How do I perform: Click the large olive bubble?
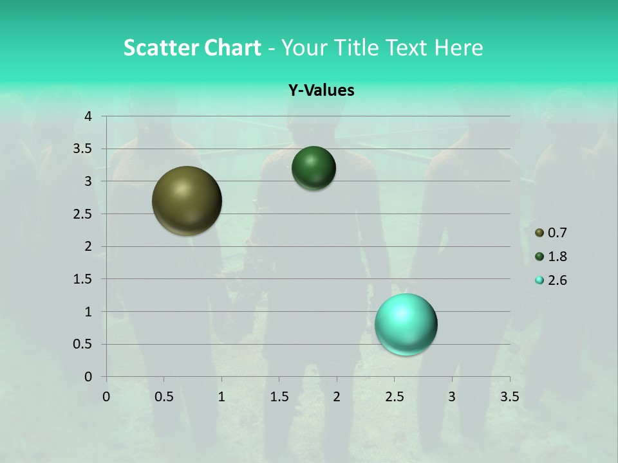click(187, 201)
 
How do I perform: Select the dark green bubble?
click(314, 168)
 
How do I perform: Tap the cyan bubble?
click(406, 325)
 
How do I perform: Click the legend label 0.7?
click(557, 233)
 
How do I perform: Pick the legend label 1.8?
click(557, 257)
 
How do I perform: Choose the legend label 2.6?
click(557, 280)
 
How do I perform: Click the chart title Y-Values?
click(321, 91)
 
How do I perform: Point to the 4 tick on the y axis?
click(88, 116)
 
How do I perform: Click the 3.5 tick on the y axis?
click(84, 149)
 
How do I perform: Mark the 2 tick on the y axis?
click(88, 246)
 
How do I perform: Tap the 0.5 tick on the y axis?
click(84, 344)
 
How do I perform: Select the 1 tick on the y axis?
click(88, 312)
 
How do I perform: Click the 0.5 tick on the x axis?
click(164, 397)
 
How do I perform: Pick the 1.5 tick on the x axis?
click(279, 397)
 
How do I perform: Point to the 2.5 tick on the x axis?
click(394, 397)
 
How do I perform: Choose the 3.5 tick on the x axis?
click(509, 397)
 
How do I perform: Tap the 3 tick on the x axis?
click(452, 397)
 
